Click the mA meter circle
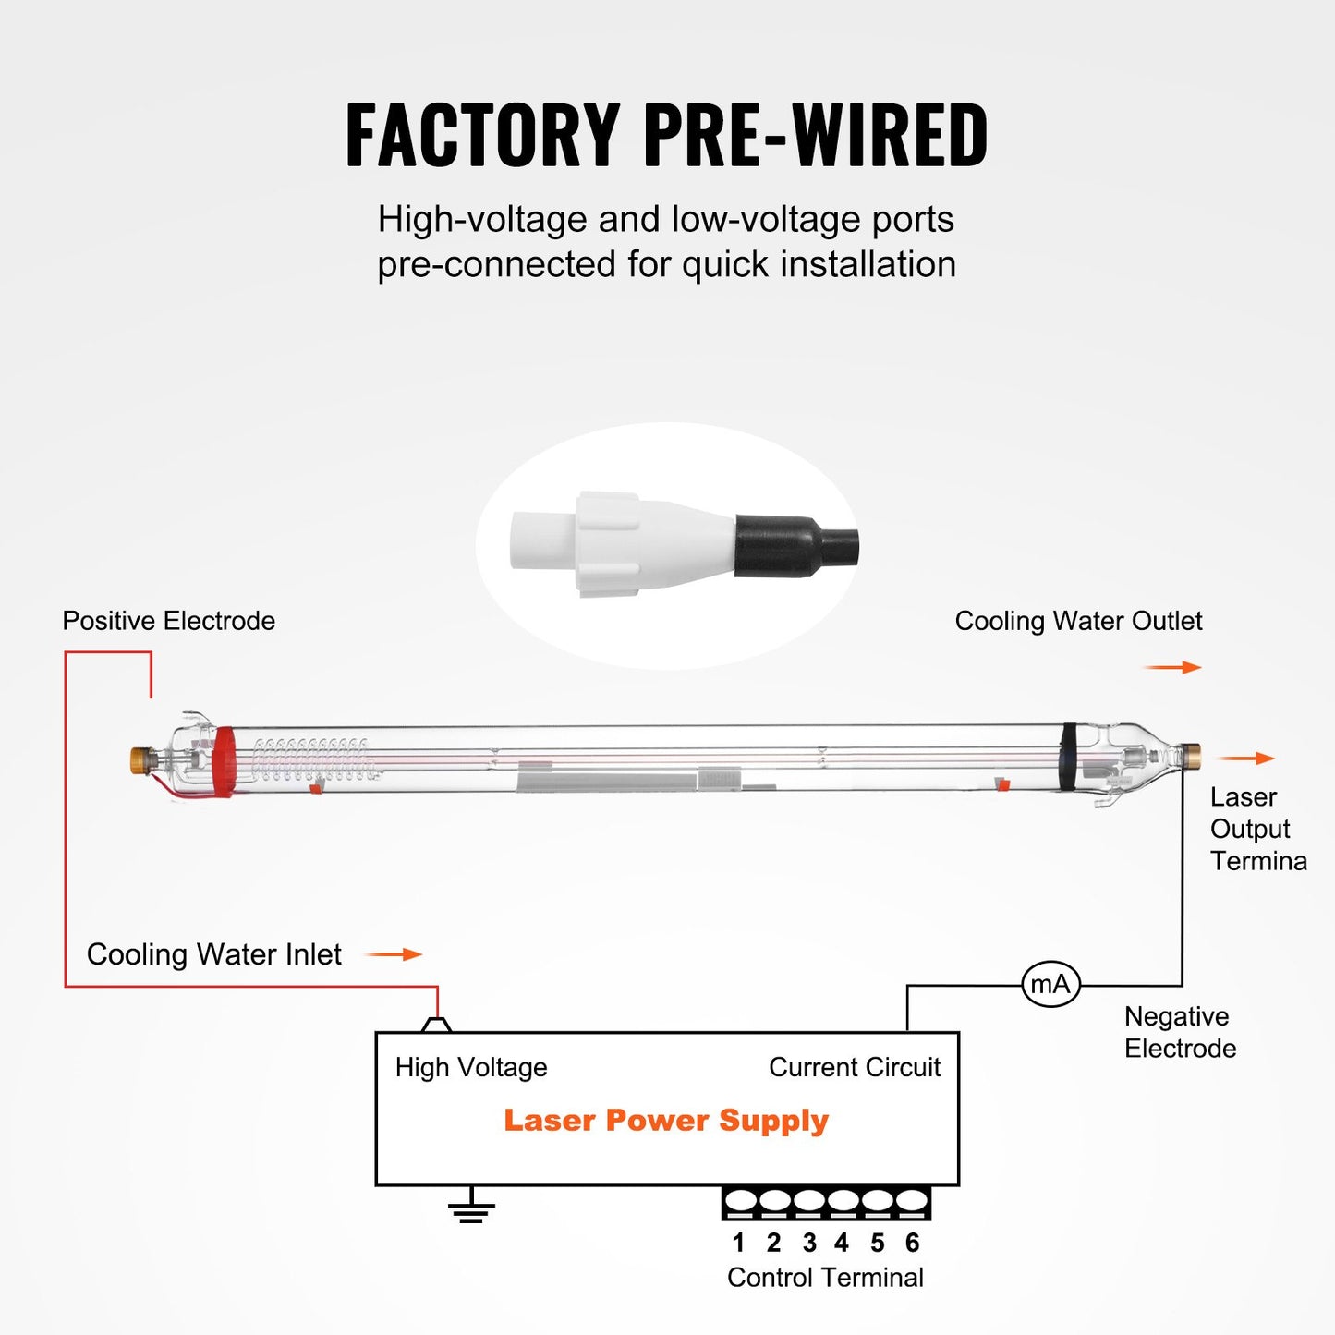[x=1050, y=985]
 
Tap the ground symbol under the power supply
[x=471, y=1209]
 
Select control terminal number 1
[x=739, y=1202]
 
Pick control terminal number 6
[x=912, y=1202]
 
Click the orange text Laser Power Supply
[x=665, y=1121]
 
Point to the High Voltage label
[x=471, y=1067]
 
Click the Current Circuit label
[x=855, y=1067]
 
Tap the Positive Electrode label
[x=168, y=621]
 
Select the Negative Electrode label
[x=1180, y=1032]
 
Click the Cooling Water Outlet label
[x=1078, y=621]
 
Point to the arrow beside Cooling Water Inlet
[x=394, y=954]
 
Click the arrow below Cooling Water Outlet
[x=1172, y=667]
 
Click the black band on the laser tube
[x=1069, y=757]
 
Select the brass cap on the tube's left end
[x=141, y=760]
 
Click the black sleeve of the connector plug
[x=781, y=546]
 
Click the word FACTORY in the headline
[x=482, y=136]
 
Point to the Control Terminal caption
[x=825, y=1278]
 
